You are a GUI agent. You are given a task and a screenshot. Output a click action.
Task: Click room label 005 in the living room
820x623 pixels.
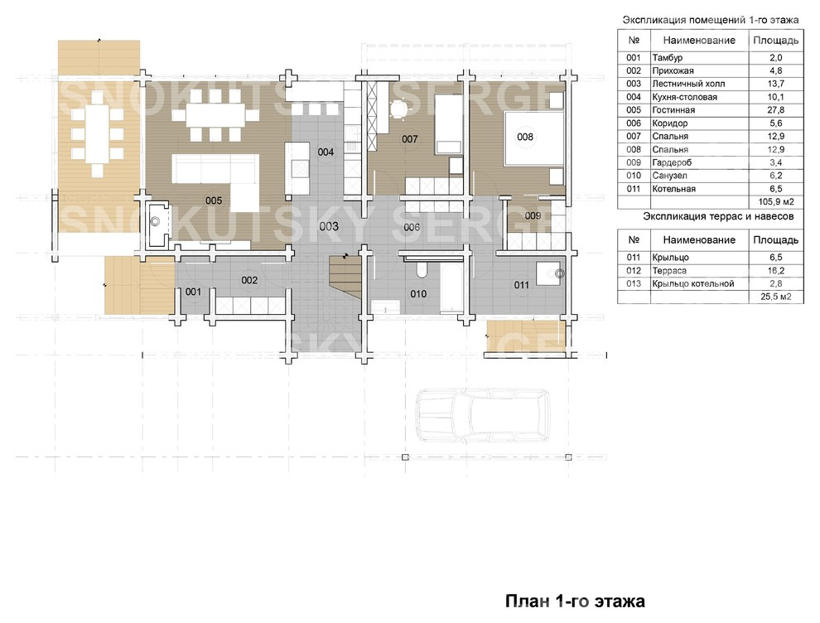tap(214, 200)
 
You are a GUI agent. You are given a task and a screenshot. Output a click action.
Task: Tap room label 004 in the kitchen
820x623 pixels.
tap(326, 152)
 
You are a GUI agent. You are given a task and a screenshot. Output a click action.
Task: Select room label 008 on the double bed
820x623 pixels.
tap(525, 137)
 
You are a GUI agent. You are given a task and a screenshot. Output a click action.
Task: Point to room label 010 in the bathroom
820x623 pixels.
tap(418, 294)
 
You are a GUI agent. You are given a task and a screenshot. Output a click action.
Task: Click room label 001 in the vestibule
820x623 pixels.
tap(193, 292)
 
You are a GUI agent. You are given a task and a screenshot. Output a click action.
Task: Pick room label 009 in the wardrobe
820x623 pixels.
tap(533, 215)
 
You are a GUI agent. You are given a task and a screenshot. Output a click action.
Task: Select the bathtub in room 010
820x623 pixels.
tap(451, 287)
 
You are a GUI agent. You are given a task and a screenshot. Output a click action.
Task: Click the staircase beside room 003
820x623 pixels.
tap(345, 278)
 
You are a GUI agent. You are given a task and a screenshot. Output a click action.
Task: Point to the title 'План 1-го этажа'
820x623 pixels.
tap(575, 601)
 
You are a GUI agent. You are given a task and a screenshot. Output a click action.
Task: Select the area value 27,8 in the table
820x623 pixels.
tap(775, 110)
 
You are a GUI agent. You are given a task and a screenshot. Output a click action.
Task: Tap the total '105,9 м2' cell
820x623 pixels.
tap(775, 202)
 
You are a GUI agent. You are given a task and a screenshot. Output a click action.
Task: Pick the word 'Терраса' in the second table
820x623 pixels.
tap(669, 270)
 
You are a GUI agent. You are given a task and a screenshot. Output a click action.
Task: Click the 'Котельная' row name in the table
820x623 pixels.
tap(673, 189)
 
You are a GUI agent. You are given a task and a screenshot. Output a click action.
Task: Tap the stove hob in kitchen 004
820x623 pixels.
tap(300, 168)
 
